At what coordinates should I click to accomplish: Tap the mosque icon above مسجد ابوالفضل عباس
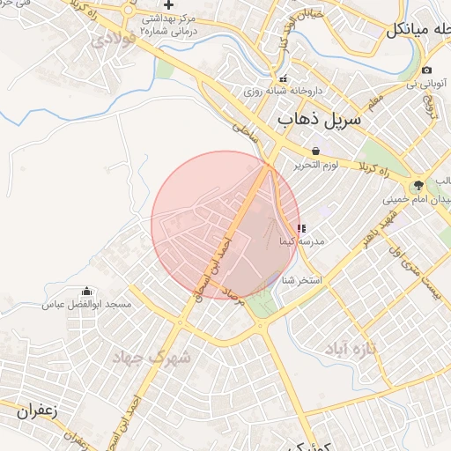click(87, 292)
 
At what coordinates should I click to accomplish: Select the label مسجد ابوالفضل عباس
click(87, 305)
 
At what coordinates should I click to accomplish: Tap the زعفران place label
click(35, 410)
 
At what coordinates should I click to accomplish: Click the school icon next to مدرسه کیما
click(302, 227)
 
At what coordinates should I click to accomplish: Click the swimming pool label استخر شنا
click(302, 280)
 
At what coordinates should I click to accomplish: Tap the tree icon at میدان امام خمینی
click(418, 185)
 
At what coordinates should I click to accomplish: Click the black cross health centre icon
click(167, 4)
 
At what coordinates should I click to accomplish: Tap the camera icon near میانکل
click(427, 70)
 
